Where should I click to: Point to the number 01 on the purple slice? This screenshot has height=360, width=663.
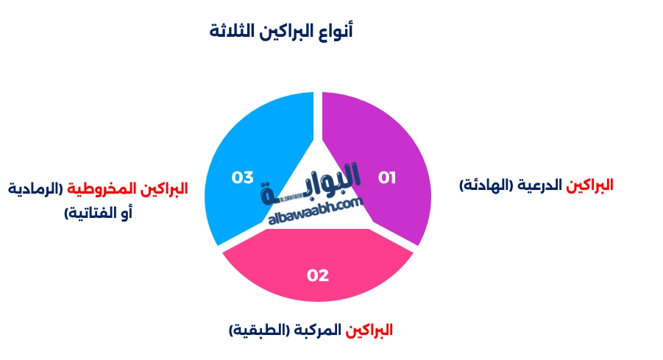point(387,177)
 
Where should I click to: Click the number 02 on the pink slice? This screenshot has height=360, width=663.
point(318,275)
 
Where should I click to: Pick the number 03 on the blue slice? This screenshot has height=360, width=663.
point(243,177)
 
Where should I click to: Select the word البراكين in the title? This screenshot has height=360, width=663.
point(283,32)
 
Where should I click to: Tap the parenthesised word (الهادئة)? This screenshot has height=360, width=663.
point(487,185)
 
